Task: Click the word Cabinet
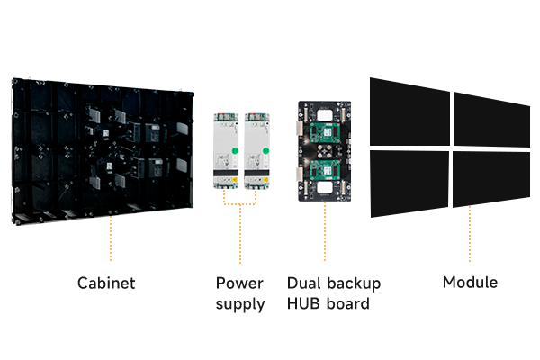click(x=107, y=283)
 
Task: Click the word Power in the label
click(x=239, y=283)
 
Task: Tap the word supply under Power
click(x=239, y=303)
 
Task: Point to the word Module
click(x=470, y=283)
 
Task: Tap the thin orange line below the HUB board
click(x=324, y=232)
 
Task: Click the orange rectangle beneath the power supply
click(x=239, y=198)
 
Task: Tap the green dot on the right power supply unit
click(x=265, y=149)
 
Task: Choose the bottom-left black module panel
click(x=409, y=183)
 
